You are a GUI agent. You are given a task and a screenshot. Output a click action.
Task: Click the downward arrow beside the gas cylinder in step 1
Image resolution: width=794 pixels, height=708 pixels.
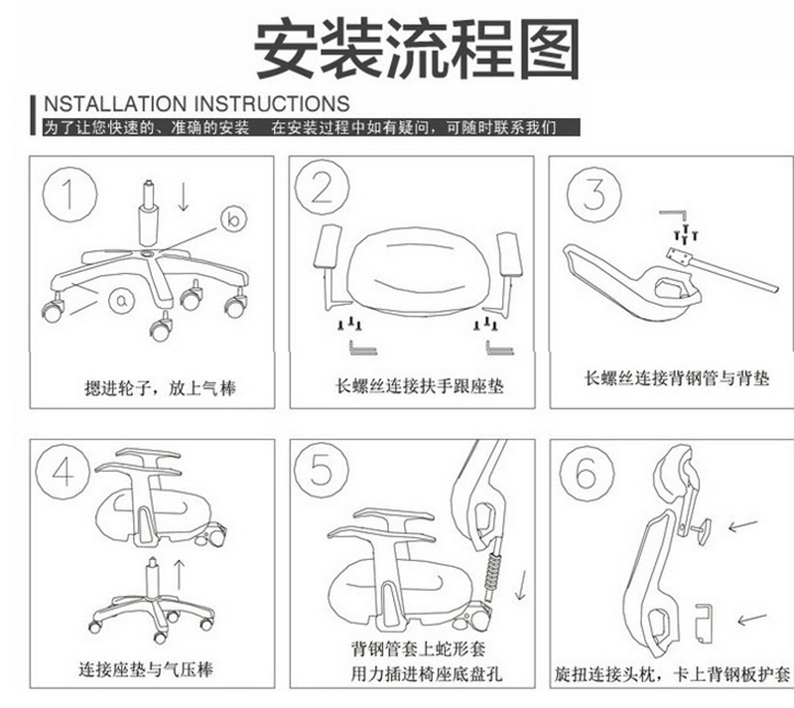tap(184, 198)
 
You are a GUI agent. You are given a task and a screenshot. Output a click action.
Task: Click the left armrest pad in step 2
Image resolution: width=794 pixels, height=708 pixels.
tap(328, 246)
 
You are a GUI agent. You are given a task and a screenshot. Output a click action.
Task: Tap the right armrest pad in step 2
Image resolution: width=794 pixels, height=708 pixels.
tap(509, 254)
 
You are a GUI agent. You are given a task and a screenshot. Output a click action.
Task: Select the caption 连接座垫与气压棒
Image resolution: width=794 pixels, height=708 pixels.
tap(146, 670)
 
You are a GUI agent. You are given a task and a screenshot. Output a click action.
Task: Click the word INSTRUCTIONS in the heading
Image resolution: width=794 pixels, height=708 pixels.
tap(272, 103)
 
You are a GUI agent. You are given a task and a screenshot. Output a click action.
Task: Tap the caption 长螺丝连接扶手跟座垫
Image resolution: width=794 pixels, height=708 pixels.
tap(419, 386)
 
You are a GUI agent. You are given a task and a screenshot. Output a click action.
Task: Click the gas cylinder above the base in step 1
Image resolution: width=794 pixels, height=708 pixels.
tap(148, 213)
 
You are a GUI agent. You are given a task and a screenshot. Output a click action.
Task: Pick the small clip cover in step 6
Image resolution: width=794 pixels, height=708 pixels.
tap(704, 623)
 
